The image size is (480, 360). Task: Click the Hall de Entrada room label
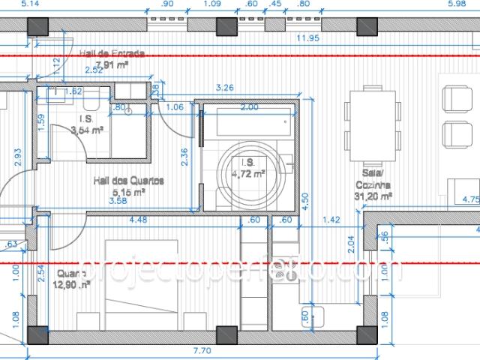(112, 53)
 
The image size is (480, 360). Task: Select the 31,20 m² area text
(373, 196)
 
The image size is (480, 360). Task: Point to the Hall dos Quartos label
(128, 181)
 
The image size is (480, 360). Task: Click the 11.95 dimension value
(308, 37)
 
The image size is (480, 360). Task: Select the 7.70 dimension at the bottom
(202, 350)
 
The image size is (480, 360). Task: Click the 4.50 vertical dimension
(304, 201)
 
